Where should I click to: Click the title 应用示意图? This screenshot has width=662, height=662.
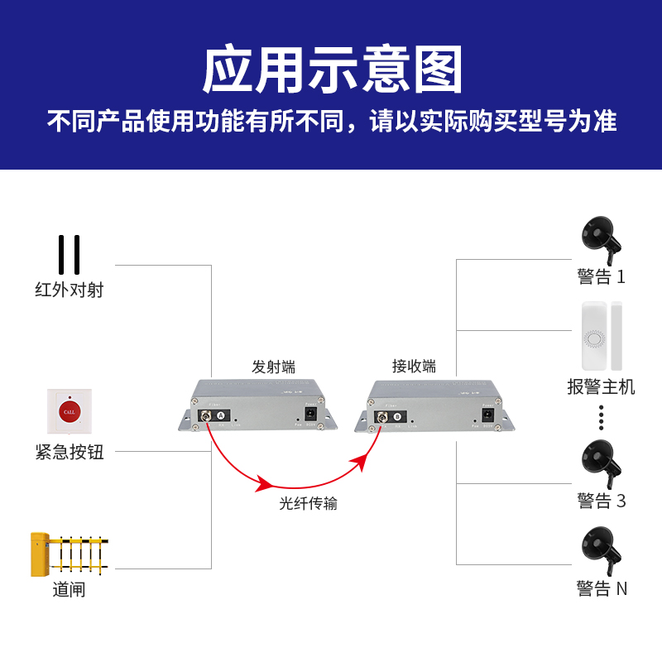[331, 70]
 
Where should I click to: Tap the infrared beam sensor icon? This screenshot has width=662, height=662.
[69, 254]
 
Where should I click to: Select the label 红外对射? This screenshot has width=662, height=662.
[70, 290]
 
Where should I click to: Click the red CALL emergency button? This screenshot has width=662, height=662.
[69, 410]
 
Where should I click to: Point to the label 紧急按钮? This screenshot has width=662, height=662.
[70, 452]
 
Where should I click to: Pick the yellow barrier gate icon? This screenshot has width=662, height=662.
[69, 554]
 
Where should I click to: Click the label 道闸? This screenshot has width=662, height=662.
[69, 590]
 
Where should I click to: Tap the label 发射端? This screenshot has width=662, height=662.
[273, 367]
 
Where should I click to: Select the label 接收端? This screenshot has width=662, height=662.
[414, 367]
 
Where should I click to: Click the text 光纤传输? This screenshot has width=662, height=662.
[308, 503]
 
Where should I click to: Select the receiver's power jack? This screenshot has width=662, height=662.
[488, 414]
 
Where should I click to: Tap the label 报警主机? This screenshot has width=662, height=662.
[602, 386]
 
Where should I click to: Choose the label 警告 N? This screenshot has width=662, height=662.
[602, 589]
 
